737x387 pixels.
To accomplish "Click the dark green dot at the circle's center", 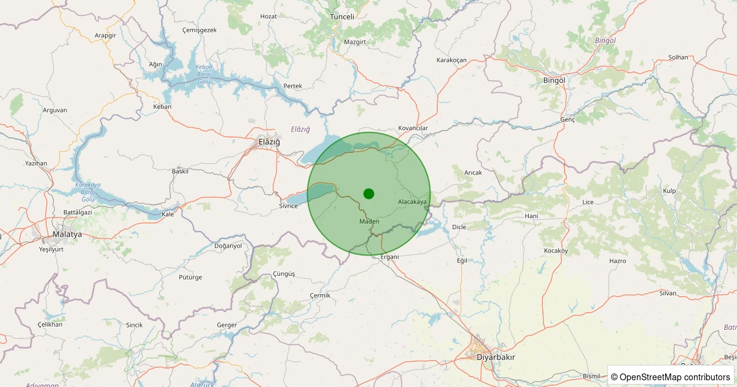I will click(368, 193).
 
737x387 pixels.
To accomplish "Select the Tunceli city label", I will click(342, 17).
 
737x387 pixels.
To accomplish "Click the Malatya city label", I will click(67, 234).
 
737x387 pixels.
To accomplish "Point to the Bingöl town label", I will click(554, 80).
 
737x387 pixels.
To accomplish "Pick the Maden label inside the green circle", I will click(369, 221).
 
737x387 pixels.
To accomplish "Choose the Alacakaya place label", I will click(412, 201).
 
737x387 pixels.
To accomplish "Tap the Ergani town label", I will click(389, 257).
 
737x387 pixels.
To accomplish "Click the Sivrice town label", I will click(288, 206).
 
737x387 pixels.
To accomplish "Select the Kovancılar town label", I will click(413, 128).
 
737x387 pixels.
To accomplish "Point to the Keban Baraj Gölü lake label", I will click(203, 74).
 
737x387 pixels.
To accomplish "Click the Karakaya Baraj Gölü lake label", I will click(88, 192).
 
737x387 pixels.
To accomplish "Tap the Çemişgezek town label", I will click(200, 30).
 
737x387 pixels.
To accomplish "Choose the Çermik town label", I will click(320, 295).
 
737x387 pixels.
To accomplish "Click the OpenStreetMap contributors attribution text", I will click(671, 377).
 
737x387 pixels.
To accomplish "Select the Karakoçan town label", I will click(451, 60).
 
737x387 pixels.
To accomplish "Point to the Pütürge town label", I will click(190, 277).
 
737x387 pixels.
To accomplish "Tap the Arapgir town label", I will click(105, 36).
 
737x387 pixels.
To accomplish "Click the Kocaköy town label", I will click(556, 251).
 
